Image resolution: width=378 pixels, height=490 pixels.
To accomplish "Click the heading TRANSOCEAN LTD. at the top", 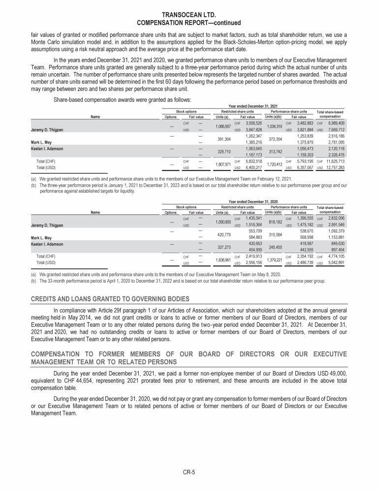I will pos(189,16).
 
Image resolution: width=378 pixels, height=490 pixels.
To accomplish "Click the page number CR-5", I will pos(189,472).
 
